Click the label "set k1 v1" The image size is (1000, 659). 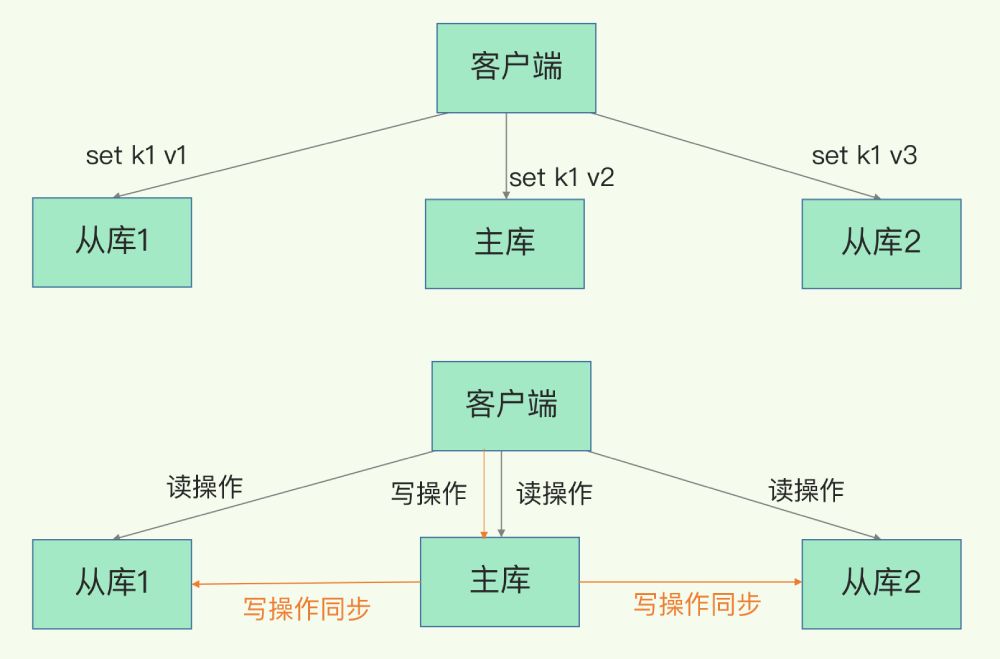click(137, 155)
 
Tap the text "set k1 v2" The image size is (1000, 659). click(561, 178)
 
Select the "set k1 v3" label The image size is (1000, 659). click(864, 155)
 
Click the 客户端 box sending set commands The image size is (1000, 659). click(516, 67)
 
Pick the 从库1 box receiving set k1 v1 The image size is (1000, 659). click(112, 242)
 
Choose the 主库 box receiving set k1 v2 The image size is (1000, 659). click(505, 243)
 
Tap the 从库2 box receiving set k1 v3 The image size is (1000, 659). click(881, 243)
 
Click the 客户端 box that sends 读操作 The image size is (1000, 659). click(511, 405)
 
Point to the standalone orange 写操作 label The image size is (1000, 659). click(428, 493)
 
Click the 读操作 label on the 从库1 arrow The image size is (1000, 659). click(204, 487)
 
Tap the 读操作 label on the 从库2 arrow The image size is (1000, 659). click(806, 490)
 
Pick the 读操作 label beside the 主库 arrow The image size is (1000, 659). click(554, 493)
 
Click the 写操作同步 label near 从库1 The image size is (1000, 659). click(306, 608)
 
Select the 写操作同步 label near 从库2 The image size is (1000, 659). click(697, 604)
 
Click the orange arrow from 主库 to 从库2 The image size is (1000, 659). click(690, 582)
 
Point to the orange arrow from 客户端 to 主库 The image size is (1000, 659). click(484, 495)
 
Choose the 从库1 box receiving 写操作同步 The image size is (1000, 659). click(112, 584)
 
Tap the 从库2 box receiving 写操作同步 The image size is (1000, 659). click(881, 584)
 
